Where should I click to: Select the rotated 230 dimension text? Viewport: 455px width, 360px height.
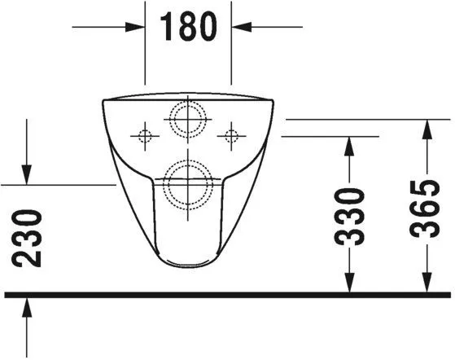[x=28, y=237]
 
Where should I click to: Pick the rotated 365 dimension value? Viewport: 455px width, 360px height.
[x=425, y=207]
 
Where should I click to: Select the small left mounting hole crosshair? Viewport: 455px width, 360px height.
[x=145, y=134]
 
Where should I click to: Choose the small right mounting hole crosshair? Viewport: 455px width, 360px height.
[x=232, y=134]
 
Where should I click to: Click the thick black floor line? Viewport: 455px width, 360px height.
[x=228, y=293]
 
